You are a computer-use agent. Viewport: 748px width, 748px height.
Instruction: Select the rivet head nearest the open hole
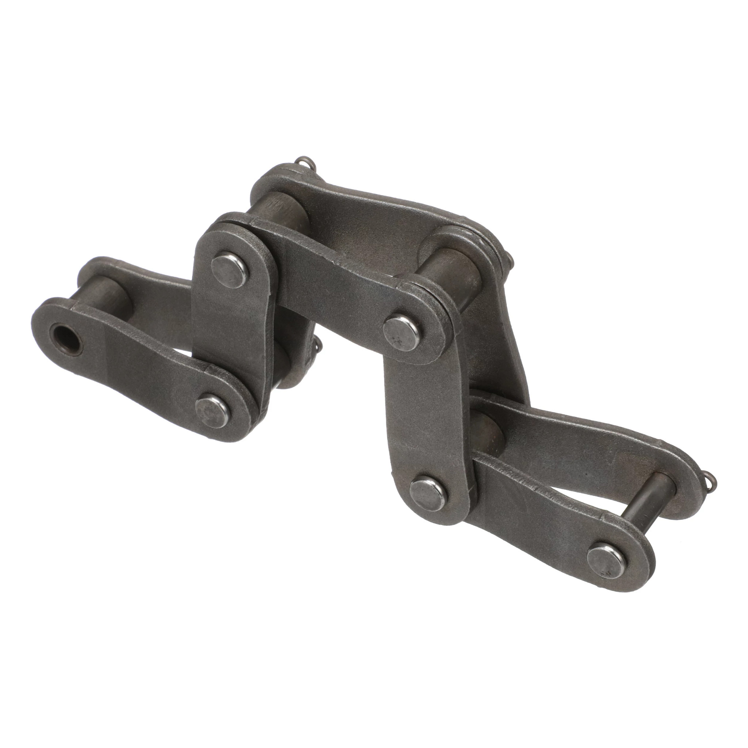(x=213, y=412)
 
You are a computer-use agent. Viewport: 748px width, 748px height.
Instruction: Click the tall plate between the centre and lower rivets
(x=422, y=411)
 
